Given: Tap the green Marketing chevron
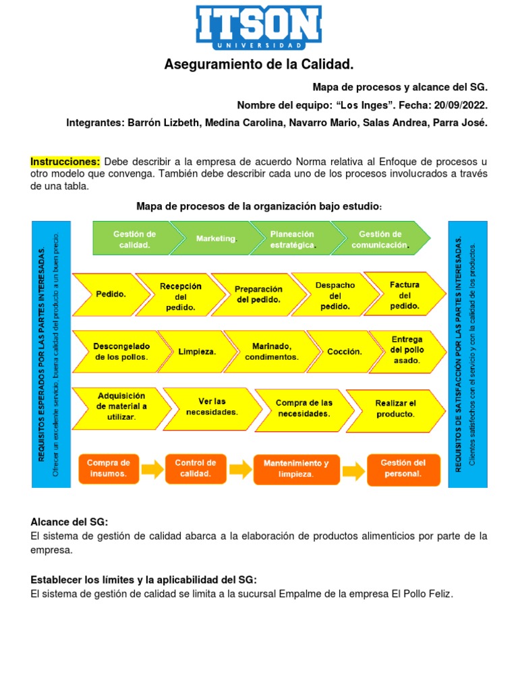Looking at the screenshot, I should (217, 239).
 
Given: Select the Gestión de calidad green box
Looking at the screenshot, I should (134, 239).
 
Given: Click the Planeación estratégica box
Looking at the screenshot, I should (292, 239).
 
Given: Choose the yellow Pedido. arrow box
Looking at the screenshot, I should (110, 294).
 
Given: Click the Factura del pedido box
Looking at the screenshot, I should (405, 295).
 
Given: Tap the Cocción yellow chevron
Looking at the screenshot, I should (344, 351).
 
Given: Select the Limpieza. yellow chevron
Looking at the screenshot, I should (197, 351).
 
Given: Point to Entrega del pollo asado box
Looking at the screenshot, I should (407, 350).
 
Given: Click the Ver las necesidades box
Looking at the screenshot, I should (212, 406).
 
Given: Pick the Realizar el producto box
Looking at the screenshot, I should (396, 408).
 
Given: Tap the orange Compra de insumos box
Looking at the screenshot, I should (109, 468).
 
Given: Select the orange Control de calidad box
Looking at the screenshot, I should (196, 468).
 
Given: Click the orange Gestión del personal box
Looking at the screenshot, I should (403, 468).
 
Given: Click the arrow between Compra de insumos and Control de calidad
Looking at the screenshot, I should (152, 468).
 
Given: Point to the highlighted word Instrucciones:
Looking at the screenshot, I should (65, 162).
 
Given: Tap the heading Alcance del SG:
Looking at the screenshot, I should (69, 522).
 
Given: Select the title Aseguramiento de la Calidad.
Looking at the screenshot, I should (259, 65).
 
